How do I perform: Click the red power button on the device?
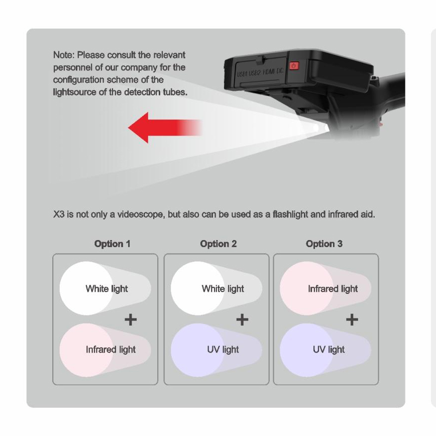294,66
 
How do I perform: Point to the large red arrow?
165,128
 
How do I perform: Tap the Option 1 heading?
113,244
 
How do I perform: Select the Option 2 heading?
219,244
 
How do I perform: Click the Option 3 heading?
324,244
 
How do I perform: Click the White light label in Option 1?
107,289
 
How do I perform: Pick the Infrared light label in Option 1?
111,350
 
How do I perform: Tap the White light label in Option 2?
223,289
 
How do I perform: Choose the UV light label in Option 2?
223,350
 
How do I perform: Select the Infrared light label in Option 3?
333,289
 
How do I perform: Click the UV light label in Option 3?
329,350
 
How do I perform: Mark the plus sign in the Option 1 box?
131,320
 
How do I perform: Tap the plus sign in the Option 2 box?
242,320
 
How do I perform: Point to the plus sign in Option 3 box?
352,320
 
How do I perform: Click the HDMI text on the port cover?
269,72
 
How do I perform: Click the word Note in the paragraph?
64,55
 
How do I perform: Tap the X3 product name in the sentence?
59,214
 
